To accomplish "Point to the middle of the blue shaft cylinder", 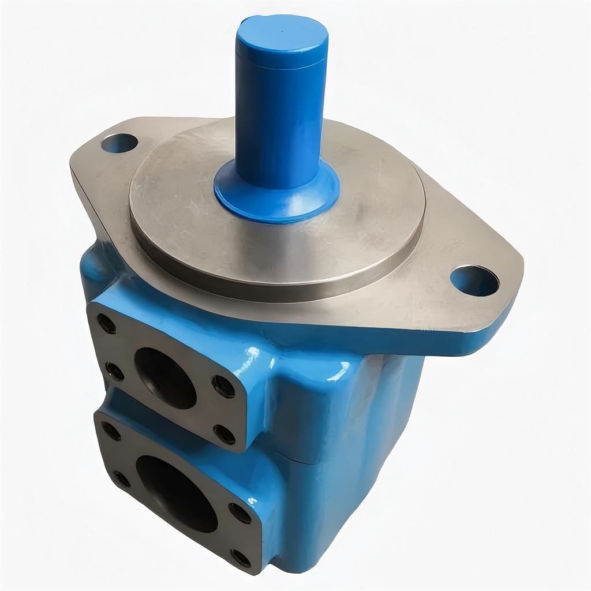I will pos(279,115).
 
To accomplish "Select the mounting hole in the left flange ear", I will pos(119,143).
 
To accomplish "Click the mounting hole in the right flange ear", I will pos(474,281).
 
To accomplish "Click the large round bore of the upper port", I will pos(165,377).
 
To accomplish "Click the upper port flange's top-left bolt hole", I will pos(106,324).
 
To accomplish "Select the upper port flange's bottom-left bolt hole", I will pos(115,371).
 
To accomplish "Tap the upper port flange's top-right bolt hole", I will pos(223,386).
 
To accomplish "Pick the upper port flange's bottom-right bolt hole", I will pos(225,434).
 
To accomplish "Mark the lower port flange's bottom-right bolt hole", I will pos(241,558).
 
